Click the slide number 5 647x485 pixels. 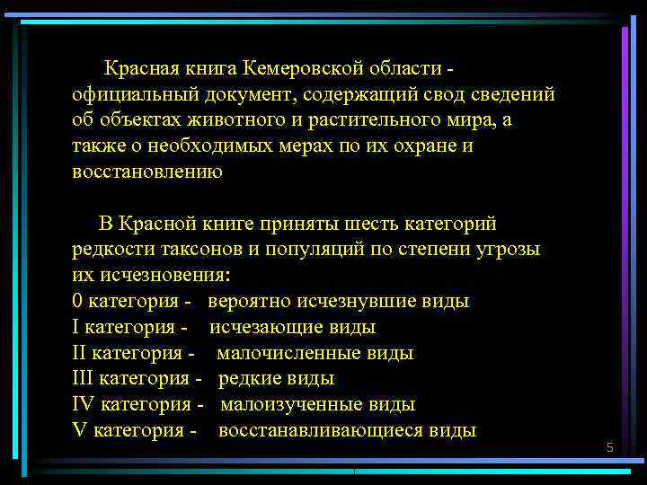[x=609, y=447]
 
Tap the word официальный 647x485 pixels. [x=132, y=93]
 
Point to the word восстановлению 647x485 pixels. [x=146, y=172]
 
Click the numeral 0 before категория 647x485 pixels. [x=76, y=301]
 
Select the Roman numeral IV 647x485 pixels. [x=83, y=404]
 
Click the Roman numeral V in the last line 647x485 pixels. [x=77, y=430]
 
